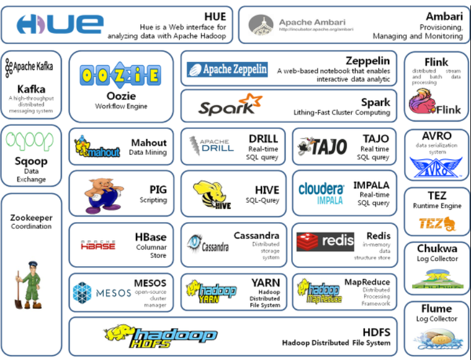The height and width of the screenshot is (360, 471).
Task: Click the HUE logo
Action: (60, 24)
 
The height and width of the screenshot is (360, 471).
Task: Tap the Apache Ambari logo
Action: (301, 25)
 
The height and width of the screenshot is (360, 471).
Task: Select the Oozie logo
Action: (120, 75)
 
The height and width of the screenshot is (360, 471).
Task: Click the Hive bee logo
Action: (214, 194)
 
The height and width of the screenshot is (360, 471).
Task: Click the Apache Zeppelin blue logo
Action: (227, 70)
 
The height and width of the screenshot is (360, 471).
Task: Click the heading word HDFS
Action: (377, 332)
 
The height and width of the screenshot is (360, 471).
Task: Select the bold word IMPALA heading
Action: (371, 185)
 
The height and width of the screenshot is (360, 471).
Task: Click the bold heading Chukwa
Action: (437, 248)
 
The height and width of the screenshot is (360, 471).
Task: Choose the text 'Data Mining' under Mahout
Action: (147, 153)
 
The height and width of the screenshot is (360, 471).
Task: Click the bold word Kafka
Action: (31, 88)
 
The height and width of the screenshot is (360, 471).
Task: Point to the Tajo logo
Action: (322, 146)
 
